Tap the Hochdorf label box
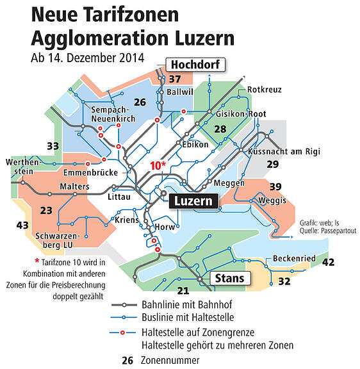[194, 64]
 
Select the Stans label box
[229, 279]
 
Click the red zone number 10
[156, 165]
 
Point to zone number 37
[176, 79]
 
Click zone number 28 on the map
[220, 130]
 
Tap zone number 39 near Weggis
[275, 186]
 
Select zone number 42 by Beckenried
[328, 262]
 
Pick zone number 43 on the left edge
[22, 225]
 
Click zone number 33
[53, 146]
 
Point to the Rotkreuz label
[264, 90]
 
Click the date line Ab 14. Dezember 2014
[86, 57]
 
